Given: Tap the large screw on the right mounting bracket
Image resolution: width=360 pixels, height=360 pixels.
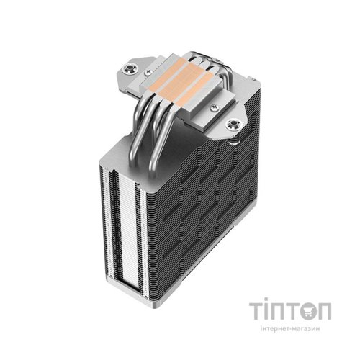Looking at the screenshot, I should [233, 125].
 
